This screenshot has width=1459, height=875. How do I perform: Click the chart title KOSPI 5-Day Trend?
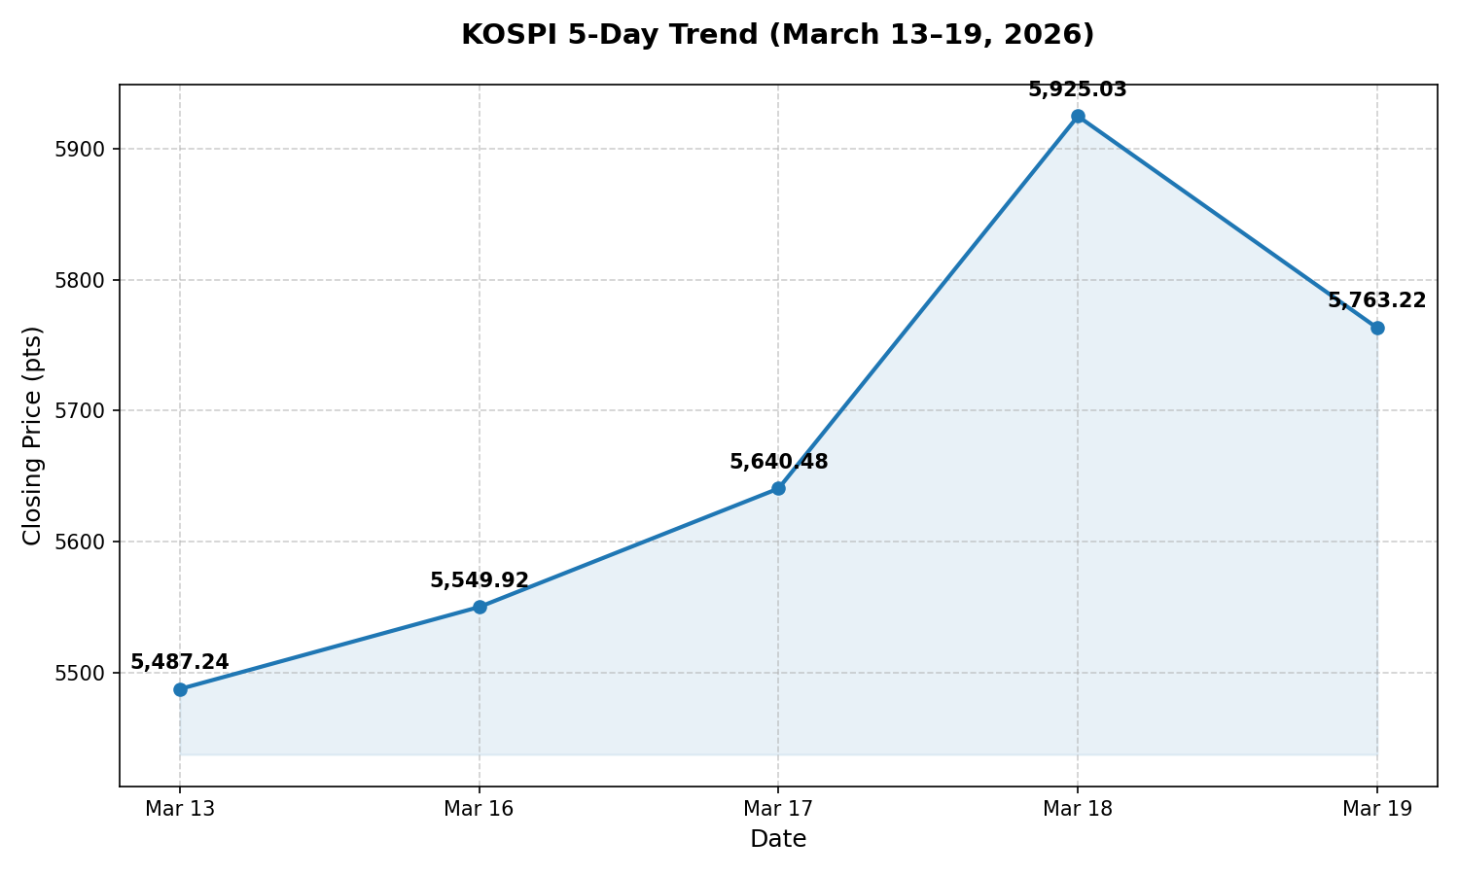777,35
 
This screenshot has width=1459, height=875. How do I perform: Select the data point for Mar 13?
180,689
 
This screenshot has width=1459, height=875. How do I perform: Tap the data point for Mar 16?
480,607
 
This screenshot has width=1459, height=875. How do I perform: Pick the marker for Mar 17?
778,488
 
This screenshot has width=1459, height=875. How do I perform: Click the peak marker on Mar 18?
1078,116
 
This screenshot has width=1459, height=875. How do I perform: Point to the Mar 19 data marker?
1377,328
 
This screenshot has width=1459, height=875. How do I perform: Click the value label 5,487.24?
180,662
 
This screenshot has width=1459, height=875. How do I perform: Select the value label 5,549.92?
480,580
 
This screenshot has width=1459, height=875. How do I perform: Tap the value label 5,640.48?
778,462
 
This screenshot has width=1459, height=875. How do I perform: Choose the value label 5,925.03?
1078,89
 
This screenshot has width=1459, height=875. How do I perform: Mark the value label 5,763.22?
1377,300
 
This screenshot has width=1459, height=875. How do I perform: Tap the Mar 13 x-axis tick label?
180,808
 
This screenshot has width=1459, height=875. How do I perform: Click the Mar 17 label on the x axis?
778,808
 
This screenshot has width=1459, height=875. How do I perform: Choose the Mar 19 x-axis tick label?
1377,808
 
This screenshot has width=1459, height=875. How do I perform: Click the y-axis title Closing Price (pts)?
33,436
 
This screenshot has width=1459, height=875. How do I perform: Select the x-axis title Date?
778,839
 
